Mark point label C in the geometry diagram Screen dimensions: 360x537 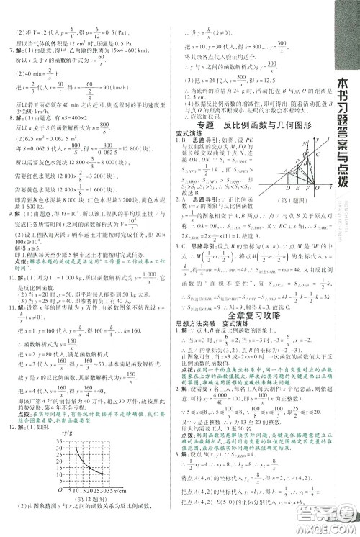(x=318, y=155)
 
